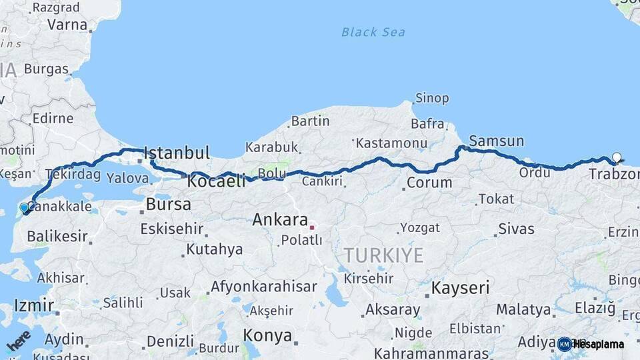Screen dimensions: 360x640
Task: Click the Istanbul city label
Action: click(177, 153)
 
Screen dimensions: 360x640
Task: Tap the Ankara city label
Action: click(280, 219)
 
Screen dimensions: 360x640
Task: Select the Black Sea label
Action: click(373, 32)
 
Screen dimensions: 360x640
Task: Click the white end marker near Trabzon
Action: click(617, 158)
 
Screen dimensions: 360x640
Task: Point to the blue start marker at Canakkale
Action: click(25, 208)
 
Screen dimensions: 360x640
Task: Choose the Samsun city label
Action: click(496, 141)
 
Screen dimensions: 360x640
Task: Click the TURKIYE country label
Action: click(383, 255)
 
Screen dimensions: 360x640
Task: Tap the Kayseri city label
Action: click(460, 288)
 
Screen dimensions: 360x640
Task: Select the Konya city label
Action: click(267, 335)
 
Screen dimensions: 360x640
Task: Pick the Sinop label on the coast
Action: click(431, 99)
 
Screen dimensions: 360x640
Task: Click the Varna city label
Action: click(67, 25)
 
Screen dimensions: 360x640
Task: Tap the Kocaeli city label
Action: click(217, 181)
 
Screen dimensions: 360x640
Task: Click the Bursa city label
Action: click(168, 204)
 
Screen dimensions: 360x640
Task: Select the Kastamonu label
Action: click(391, 143)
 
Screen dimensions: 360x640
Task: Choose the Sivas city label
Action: click(516, 229)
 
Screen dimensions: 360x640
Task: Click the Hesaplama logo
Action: click(591, 344)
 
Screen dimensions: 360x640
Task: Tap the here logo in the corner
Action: click(18, 341)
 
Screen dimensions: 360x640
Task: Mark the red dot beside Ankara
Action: click(311, 227)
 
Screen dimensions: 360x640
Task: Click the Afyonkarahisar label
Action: click(263, 287)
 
